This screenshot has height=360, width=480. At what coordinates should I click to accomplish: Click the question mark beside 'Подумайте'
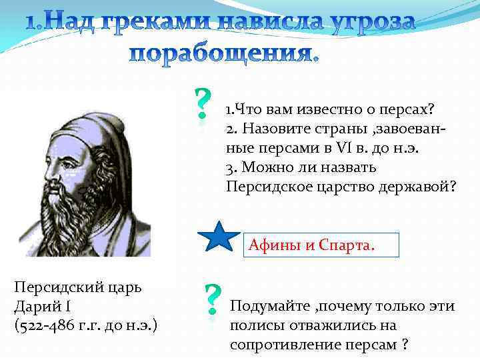click(x=212, y=299)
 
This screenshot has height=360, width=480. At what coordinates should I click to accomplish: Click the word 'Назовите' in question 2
click(x=270, y=128)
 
